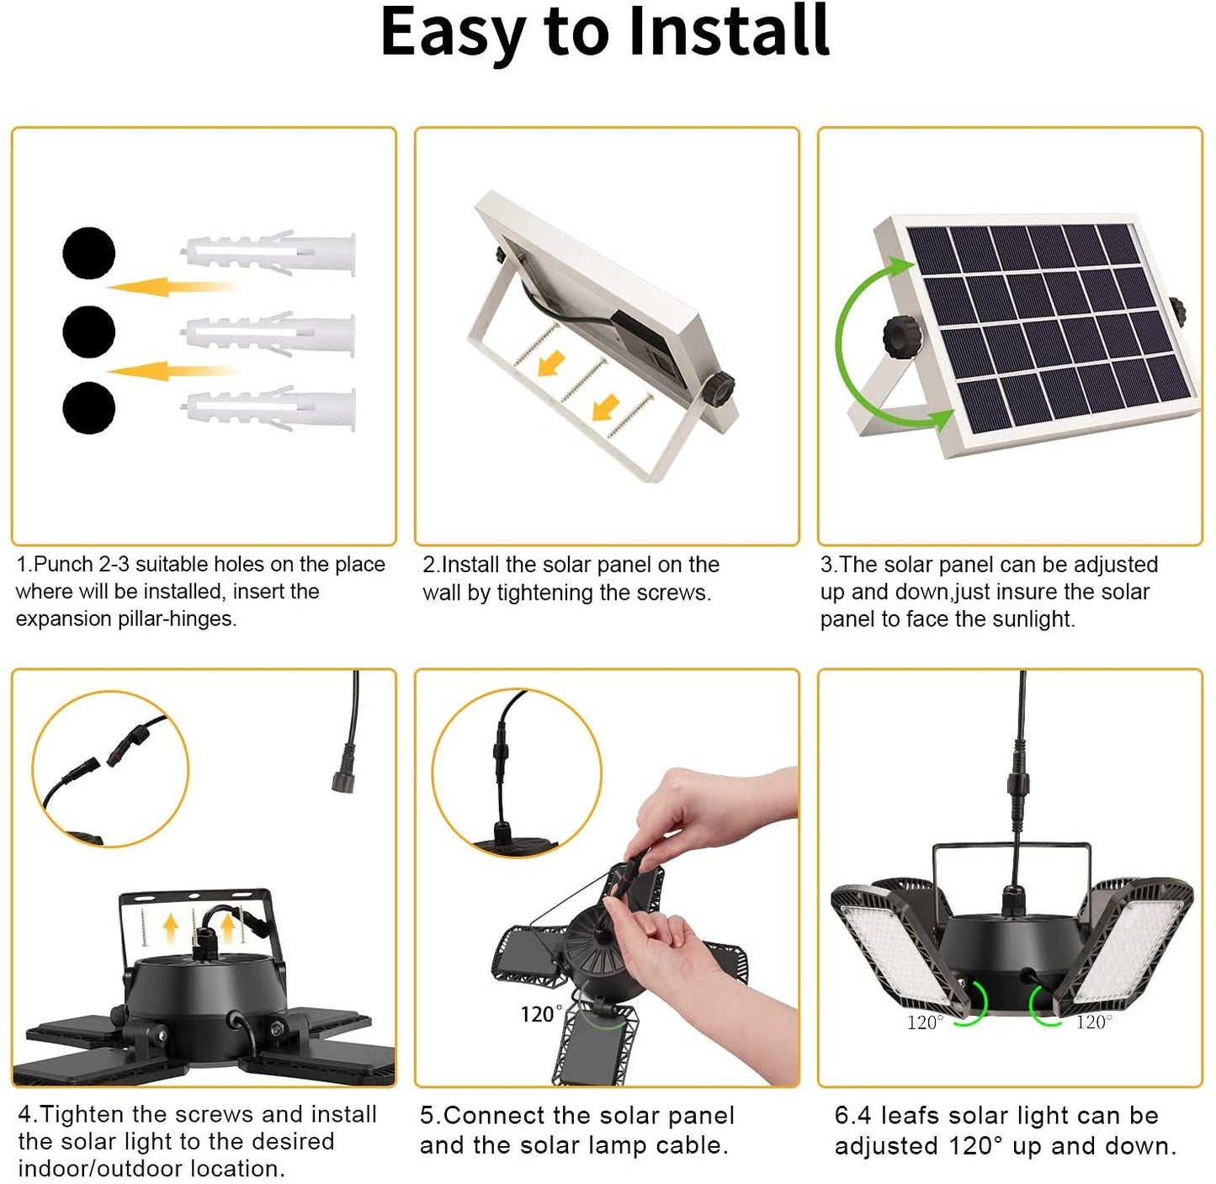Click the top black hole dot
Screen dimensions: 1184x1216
[x=89, y=252]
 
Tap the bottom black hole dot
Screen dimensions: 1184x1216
[x=89, y=408]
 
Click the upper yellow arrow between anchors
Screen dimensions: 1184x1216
[x=172, y=287]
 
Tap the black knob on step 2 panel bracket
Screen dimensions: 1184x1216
[x=720, y=389]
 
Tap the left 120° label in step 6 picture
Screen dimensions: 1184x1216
[x=924, y=1022]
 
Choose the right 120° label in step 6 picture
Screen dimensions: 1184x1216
[x=1094, y=1022]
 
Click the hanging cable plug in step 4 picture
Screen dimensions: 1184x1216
[x=344, y=778]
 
